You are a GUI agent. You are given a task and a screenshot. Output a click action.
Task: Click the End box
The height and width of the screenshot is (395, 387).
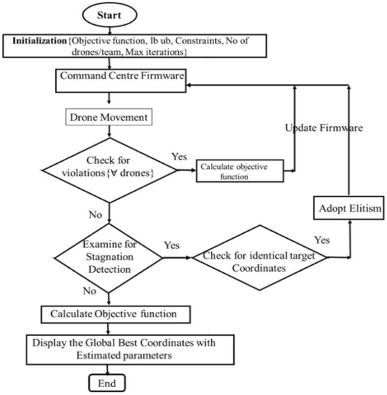tap(107, 383)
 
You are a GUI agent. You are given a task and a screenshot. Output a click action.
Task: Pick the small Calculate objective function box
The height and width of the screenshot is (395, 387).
tap(240, 171)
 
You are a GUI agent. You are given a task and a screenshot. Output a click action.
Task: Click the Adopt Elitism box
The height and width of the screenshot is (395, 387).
tap(349, 209)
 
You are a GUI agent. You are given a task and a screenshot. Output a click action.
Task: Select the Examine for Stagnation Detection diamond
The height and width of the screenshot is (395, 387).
tap(107, 256)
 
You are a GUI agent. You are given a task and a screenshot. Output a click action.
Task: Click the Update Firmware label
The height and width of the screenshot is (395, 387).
tap(324, 128)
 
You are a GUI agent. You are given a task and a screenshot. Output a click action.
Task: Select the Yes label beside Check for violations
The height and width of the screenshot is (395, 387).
tap(179, 157)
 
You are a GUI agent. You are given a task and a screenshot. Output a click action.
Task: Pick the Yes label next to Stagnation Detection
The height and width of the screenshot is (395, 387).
tap(171, 245)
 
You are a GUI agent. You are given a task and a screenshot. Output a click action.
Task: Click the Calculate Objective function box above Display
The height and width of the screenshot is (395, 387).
tap(114, 313)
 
